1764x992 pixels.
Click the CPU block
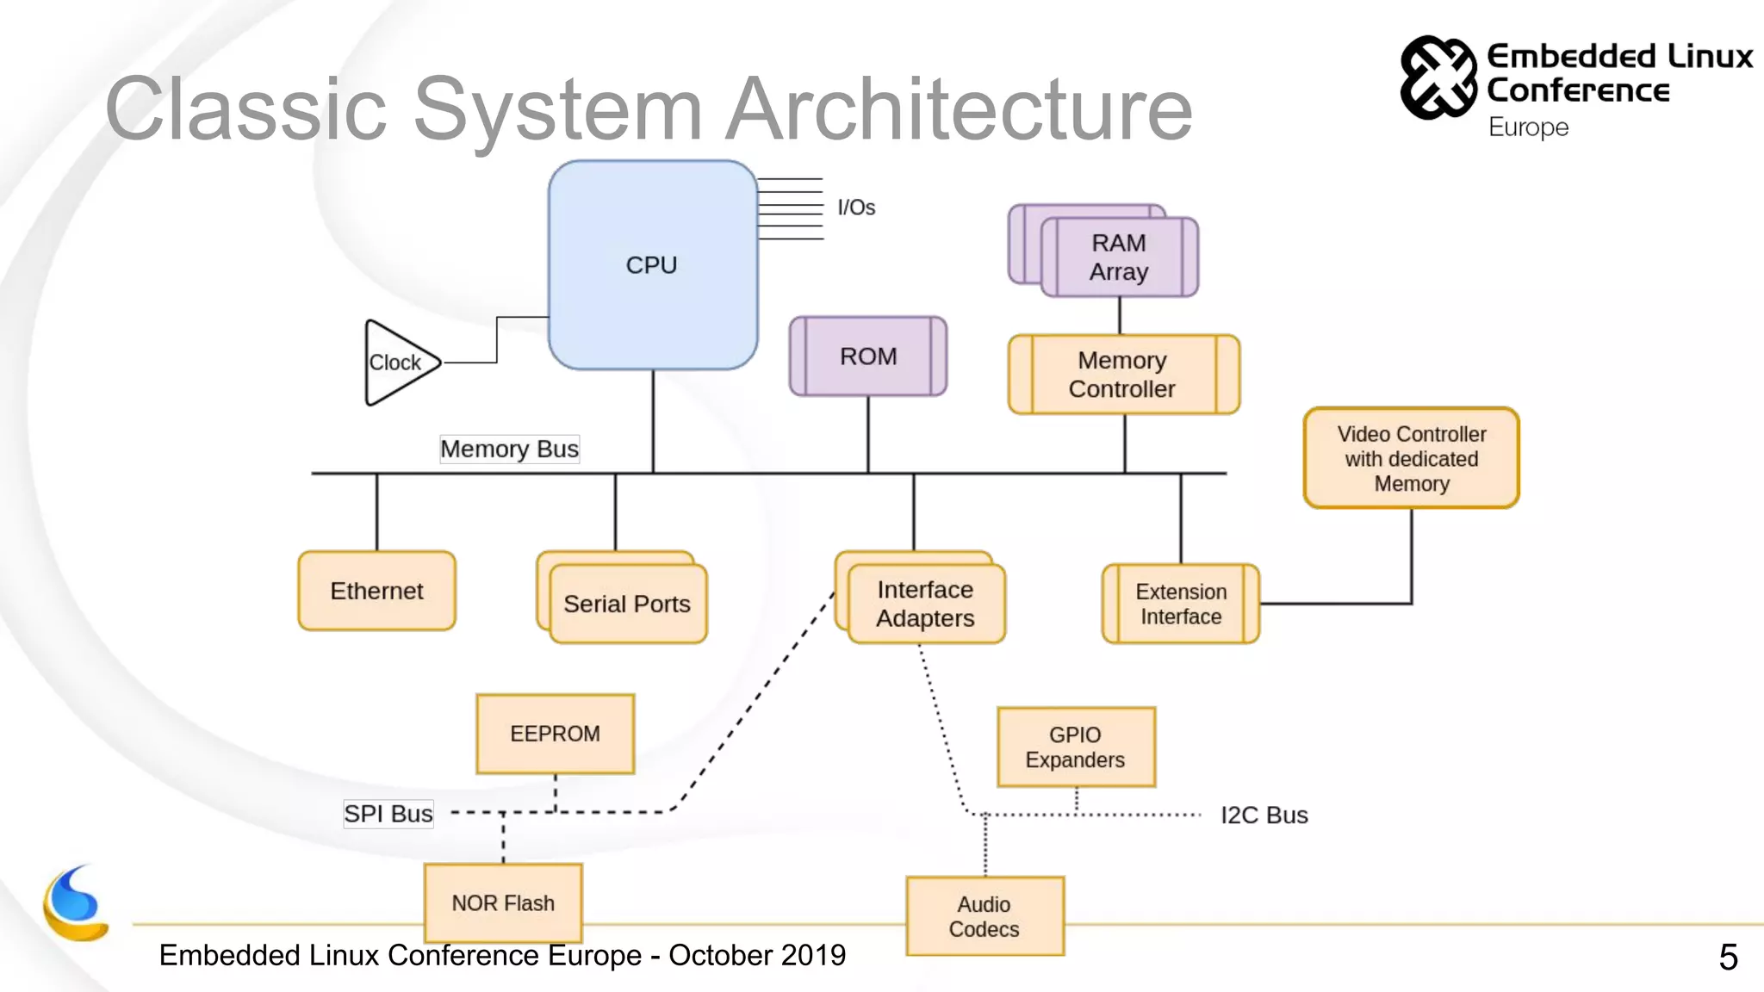tap(652, 265)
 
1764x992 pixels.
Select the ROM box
tap(868, 356)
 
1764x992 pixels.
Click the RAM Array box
tap(1119, 257)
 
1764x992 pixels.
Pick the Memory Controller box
tap(1122, 375)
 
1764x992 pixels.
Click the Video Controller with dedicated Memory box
tap(1411, 458)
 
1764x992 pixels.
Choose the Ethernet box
tap(376, 591)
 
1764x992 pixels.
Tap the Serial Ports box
tap(627, 604)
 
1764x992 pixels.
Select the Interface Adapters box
tap(925, 604)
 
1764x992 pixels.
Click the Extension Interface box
tap(1180, 604)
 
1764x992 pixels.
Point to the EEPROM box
tap(555, 734)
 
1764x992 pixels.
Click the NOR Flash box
tap(503, 902)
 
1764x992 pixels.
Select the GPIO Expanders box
tap(1075, 747)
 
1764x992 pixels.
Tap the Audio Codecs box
tap(984, 916)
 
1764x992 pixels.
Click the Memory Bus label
tap(509, 449)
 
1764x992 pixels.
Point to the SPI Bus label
tap(388, 814)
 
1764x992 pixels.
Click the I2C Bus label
tap(1264, 815)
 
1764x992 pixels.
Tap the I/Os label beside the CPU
tap(856, 208)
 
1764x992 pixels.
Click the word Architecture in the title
tap(959, 109)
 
